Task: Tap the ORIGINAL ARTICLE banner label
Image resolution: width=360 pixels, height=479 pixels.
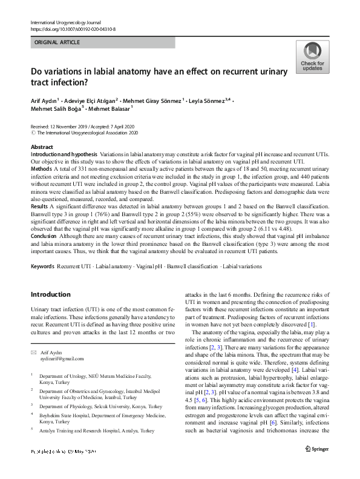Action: (57, 42)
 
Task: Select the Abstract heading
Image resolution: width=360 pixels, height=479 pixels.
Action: (42, 147)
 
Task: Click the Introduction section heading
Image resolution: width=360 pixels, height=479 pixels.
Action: (50, 294)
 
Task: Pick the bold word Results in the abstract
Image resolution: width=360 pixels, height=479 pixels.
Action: (40, 206)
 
